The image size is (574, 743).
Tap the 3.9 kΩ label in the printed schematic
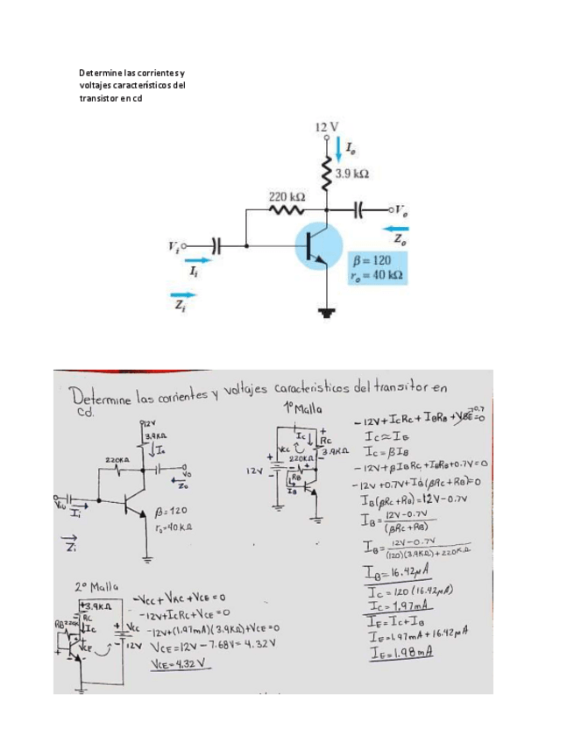tap(351, 175)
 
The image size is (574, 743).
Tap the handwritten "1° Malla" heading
tap(303, 409)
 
